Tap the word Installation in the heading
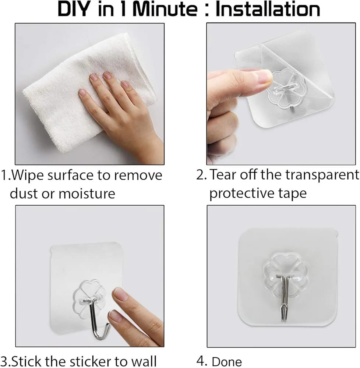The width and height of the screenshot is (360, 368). pos(268,10)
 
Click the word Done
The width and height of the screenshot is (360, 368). pos(227,361)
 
